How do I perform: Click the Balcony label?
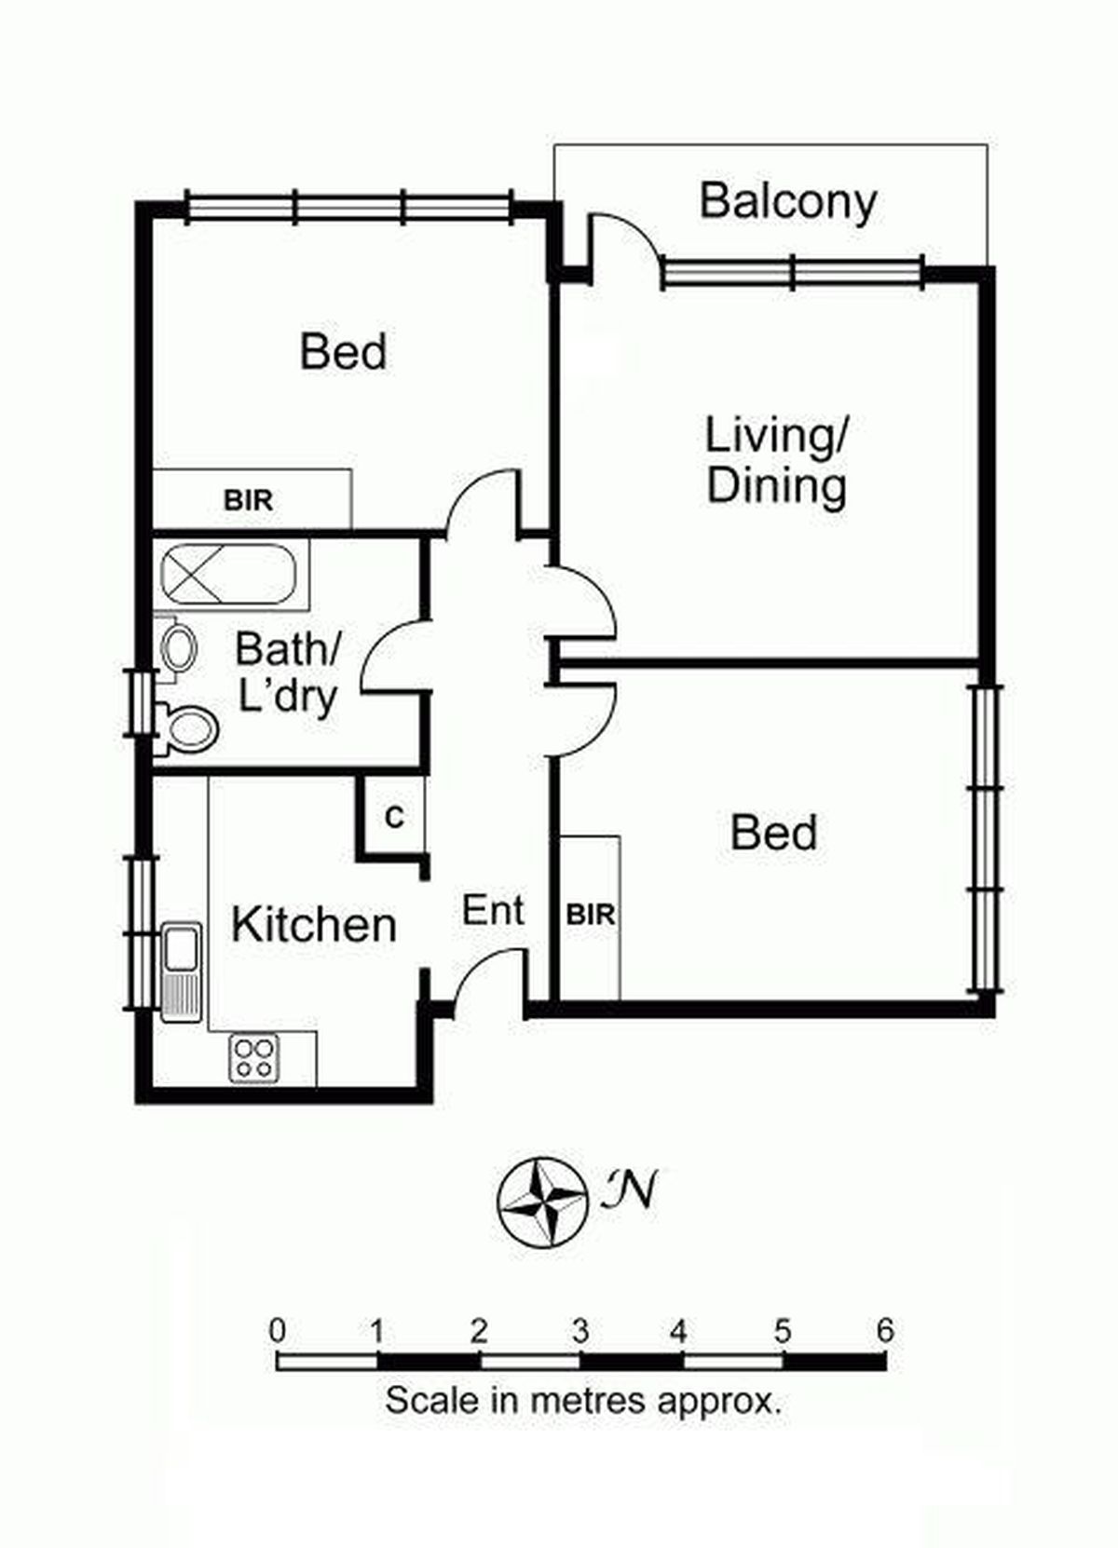pos(788,202)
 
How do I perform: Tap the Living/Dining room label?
pos(776,461)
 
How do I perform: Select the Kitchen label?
pos(313,925)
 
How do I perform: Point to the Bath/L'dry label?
pos(287,672)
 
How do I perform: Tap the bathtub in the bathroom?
pos(229,574)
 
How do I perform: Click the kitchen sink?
pos(181,971)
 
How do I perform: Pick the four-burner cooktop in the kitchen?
pos(253,1059)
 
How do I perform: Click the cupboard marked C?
pos(394,818)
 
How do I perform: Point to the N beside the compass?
pos(630,1188)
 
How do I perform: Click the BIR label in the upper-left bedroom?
pos(248,499)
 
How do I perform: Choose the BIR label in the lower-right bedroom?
pos(591,915)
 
